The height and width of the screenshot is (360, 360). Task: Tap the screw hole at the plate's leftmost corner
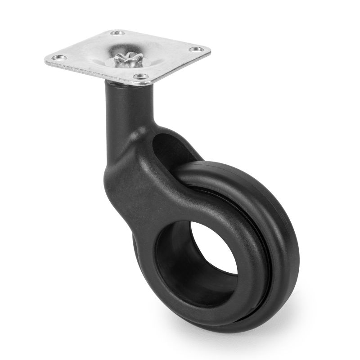(58, 58)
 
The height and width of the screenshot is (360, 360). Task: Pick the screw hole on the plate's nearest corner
(141, 77)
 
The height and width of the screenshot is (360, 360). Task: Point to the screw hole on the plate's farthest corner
(118, 33)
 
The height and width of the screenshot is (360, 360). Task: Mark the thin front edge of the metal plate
(90, 72)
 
